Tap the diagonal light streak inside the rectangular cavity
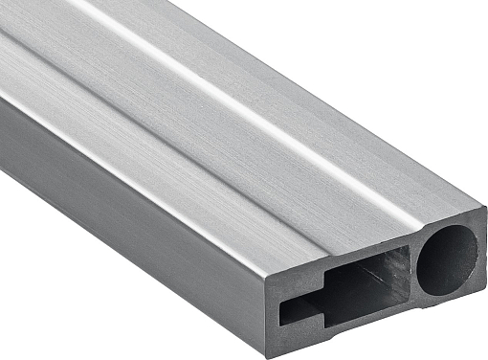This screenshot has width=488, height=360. (x=378, y=278)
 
